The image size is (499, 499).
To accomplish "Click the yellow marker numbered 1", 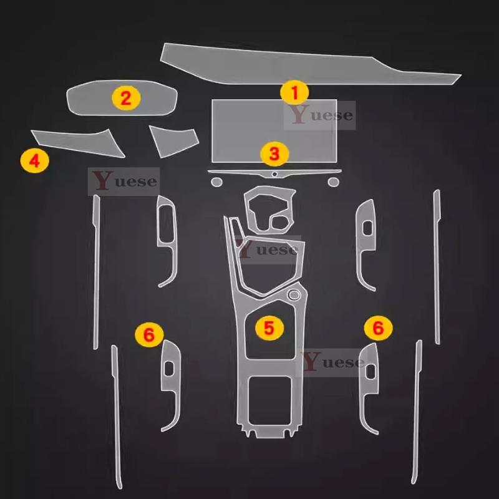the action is pyautogui.click(x=294, y=92).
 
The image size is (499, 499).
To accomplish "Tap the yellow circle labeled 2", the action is pyautogui.click(x=126, y=98).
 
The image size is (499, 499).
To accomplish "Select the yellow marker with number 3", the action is pyautogui.click(x=274, y=153).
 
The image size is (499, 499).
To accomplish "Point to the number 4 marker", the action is pyautogui.click(x=34, y=161).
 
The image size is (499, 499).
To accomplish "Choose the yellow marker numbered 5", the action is pyautogui.click(x=269, y=328).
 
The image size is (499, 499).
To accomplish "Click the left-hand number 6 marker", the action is pyautogui.click(x=149, y=334).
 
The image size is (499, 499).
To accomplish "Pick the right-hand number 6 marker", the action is pyautogui.click(x=378, y=328).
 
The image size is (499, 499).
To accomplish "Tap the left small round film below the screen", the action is pyautogui.click(x=216, y=182).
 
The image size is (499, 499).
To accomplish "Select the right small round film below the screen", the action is pyautogui.click(x=334, y=182).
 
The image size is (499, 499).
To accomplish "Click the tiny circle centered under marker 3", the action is pyautogui.click(x=274, y=174).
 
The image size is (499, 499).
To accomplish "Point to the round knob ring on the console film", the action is pyautogui.click(x=294, y=295).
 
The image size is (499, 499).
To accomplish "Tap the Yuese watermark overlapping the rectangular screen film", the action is pyautogui.click(x=319, y=115).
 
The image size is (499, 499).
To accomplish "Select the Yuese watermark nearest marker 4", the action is pyautogui.click(x=124, y=182).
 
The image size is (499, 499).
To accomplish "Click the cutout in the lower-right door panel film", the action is pyautogui.click(x=371, y=371).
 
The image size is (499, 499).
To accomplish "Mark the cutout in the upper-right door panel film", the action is pyautogui.click(x=367, y=228).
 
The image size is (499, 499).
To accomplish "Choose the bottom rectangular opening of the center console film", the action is pyautogui.click(x=270, y=401).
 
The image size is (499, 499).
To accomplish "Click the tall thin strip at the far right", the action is pyautogui.click(x=437, y=267).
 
